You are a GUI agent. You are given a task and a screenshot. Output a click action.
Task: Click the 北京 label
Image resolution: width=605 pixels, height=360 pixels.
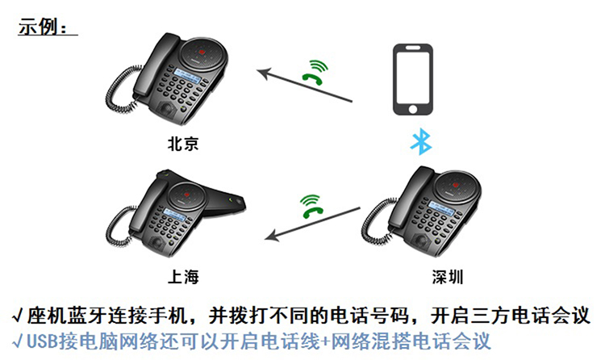click(183, 144)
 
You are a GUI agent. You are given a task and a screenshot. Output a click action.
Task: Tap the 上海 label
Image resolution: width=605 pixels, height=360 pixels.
click(183, 277)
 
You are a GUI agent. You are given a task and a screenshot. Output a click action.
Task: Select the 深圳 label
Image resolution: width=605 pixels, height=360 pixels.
click(448, 277)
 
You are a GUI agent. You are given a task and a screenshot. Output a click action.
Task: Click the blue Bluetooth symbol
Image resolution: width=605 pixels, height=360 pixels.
click(421, 141)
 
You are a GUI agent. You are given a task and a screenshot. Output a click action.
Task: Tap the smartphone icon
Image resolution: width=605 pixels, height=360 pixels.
click(412, 79)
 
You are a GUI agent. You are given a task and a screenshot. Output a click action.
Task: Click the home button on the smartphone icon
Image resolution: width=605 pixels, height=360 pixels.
click(412, 109)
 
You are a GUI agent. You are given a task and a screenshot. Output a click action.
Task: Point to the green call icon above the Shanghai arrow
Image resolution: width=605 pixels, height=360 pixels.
click(311, 207)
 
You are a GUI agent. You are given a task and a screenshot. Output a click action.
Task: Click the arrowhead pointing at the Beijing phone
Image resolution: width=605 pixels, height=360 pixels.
click(264, 73)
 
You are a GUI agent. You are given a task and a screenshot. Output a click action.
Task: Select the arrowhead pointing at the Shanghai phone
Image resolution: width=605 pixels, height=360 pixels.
click(272, 235)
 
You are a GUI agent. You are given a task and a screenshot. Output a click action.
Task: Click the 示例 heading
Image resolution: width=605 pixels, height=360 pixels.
click(43, 27)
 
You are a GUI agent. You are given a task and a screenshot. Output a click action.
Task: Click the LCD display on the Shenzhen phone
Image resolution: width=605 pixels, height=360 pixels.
click(442, 208)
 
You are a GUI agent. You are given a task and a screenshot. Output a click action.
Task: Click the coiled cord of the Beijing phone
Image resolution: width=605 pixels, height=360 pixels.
click(120, 89)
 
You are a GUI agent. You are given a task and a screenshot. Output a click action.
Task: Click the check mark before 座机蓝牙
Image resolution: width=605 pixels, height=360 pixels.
click(18, 316)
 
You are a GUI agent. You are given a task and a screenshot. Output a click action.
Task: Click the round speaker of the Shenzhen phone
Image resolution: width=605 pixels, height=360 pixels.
click(457, 186)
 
